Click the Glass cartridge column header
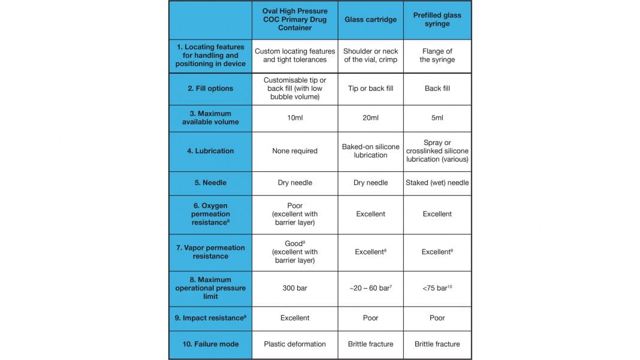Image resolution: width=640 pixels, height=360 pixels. (x=370, y=20)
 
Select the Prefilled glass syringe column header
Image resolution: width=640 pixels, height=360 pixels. (x=437, y=20)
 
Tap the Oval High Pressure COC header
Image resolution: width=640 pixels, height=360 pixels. (x=295, y=20)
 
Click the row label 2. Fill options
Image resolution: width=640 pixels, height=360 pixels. (x=210, y=89)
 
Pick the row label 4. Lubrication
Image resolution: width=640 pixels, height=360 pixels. (x=210, y=152)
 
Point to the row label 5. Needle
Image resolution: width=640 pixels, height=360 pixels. (x=210, y=183)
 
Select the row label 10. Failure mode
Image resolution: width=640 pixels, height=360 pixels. (x=210, y=344)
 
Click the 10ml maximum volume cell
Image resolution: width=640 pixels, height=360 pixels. (x=295, y=118)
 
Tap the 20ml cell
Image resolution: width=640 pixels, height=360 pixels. (x=370, y=118)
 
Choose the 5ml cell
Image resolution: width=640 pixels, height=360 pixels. (x=437, y=118)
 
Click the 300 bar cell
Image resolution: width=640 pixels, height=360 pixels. (x=295, y=288)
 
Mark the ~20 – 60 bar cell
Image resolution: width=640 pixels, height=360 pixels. (x=370, y=288)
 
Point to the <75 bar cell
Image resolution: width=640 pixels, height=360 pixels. (x=437, y=288)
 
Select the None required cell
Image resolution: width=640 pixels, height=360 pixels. (x=295, y=152)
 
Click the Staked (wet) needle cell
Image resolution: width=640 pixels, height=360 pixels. (x=437, y=183)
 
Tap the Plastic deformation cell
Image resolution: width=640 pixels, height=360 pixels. (x=295, y=344)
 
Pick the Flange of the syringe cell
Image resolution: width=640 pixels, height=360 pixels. (x=437, y=56)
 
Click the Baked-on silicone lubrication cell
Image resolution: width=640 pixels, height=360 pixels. (x=370, y=151)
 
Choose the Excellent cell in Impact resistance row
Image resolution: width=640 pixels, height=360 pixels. (x=295, y=318)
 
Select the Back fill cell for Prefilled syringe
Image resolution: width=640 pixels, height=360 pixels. (x=437, y=89)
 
